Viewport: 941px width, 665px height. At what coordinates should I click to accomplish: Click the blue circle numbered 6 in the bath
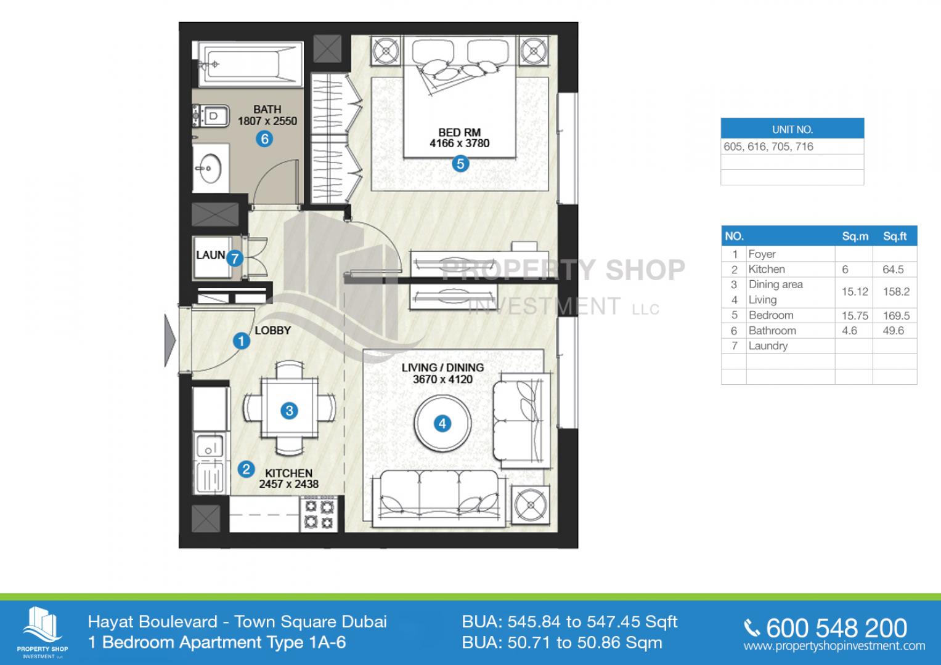pyautogui.click(x=264, y=139)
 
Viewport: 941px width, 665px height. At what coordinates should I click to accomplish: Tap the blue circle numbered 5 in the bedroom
pyautogui.click(x=460, y=164)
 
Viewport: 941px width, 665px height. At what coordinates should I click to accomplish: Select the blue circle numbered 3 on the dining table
pyautogui.click(x=290, y=411)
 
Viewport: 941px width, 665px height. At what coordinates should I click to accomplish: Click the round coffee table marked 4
pyautogui.click(x=442, y=423)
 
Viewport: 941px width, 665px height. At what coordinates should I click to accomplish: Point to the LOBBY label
pyautogui.click(x=272, y=331)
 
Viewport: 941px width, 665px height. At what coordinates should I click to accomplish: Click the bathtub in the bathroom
pyautogui.click(x=250, y=64)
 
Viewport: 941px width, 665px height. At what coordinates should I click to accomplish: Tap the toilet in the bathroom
pyautogui.click(x=211, y=116)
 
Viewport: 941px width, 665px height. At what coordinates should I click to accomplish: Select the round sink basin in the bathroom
pyautogui.click(x=210, y=168)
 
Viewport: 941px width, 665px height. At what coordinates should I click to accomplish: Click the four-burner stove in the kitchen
pyautogui.click(x=319, y=515)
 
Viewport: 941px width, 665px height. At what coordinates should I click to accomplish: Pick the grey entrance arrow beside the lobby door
pyautogui.click(x=170, y=341)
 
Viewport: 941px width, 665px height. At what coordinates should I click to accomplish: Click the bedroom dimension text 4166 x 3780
pyautogui.click(x=460, y=143)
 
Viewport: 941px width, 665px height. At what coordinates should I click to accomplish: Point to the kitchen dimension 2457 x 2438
pyautogui.click(x=288, y=484)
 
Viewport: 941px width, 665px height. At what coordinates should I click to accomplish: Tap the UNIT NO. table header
pyautogui.click(x=792, y=129)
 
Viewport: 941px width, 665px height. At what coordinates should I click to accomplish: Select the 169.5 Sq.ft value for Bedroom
pyautogui.click(x=896, y=316)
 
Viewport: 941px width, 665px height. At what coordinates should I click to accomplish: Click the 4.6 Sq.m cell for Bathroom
pyautogui.click(x=849, y=331)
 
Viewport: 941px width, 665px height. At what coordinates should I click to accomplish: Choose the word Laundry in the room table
pyautogui.click(x=768, y=346)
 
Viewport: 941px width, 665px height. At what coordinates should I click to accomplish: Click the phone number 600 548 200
pyautogui.click(x=836, y=629)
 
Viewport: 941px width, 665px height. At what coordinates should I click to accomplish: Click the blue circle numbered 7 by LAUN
pyautogui.click(x=235, y=258)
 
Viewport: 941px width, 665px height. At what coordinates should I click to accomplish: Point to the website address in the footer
pyautogui.click(x=834, y=646)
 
